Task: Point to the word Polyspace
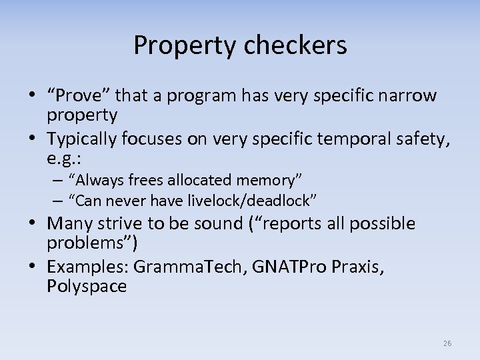click(x=87, y=286)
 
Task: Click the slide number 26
click(x=447, y=343)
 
